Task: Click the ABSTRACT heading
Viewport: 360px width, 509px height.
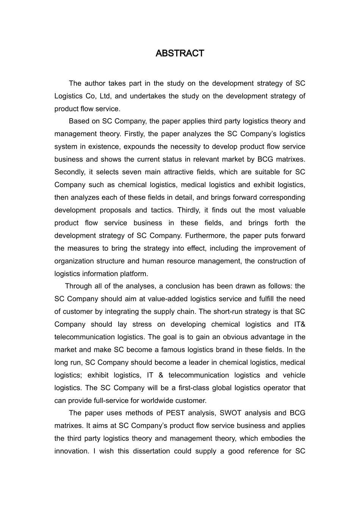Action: click(x=180, y=53)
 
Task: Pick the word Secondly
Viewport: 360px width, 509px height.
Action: click(x=69, y=172)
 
